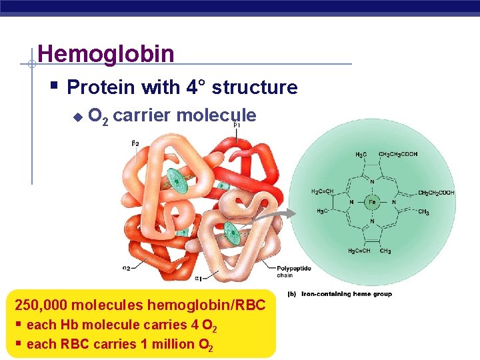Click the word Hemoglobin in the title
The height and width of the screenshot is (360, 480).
point(106,53)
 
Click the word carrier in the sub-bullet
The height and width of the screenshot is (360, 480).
point(145,115)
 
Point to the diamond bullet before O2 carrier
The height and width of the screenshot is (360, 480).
point(77,117)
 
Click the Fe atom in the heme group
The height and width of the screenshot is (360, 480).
point(373,201)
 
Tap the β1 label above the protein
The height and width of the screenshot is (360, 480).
point(236,125)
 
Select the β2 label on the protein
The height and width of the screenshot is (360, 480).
point(135,143)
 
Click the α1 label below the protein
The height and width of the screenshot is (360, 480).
point(199,278)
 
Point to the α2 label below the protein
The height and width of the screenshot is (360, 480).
point(126,269)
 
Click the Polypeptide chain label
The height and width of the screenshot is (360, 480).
point(294,271)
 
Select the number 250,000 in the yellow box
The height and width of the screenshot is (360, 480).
point(41,305)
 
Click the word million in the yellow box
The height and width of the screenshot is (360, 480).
point(172,344)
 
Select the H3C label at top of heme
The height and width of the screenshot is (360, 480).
point(360,155)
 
